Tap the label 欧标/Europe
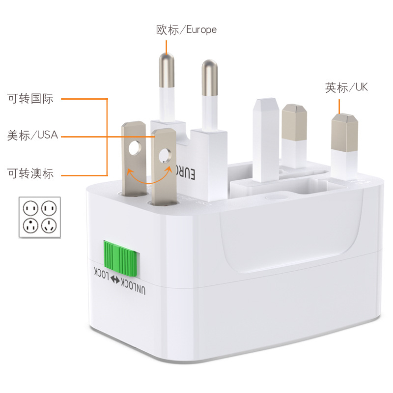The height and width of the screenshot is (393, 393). (x=186, y=29)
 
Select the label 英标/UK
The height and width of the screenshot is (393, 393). (x=346, y=87)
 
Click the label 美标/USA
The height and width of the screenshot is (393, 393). (x=32, y=135)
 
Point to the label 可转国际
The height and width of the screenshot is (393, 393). (x=30, y=98)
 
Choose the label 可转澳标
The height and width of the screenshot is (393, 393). (x=30, y=173)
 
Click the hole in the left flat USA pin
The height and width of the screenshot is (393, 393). (x=134, y=147)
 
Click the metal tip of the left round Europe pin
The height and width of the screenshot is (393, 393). (x=167, y=69)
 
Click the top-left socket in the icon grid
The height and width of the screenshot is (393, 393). (x=30, y=208)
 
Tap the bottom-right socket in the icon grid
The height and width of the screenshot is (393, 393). (x=50, y=226)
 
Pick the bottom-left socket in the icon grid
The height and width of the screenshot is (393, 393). (x=30, y=226)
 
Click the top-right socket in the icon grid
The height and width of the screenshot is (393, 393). (x=50, y=208)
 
